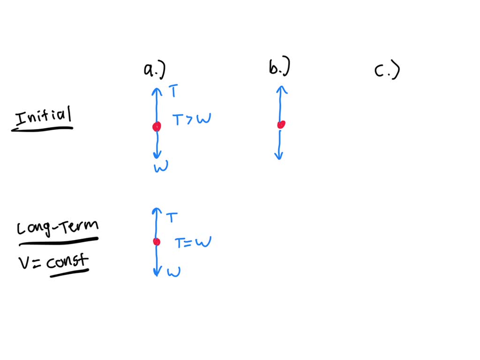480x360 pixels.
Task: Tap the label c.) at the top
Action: point(387,71)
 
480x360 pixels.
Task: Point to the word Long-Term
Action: point(58,228)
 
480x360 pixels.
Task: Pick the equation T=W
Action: point(193,243)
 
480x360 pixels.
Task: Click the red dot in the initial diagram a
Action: point(157,127)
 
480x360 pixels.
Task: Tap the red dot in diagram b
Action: point(281,125)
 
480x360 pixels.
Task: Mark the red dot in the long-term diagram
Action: point(157,242)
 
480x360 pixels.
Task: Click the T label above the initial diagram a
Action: point(173,91)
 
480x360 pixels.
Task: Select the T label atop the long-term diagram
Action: point(172,217)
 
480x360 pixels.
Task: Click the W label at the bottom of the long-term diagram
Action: point(173,271)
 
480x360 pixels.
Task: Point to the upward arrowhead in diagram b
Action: point(281,89)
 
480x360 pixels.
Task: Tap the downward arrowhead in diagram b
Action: point(279,156)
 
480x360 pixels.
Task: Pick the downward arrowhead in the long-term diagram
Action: point(157,272)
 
